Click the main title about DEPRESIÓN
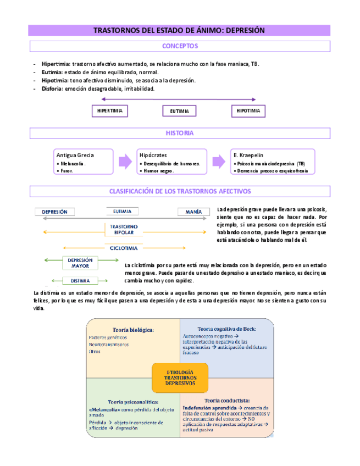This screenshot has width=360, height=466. point(179,31)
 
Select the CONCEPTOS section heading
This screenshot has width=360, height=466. point(180,46)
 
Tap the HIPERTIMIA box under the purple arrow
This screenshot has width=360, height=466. point(109,111)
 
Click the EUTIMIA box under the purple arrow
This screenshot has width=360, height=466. point(179,112)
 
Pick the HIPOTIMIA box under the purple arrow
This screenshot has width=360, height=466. point(248,111)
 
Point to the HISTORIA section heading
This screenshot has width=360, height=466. point(180,134)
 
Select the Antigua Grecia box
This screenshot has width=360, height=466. point(84,162)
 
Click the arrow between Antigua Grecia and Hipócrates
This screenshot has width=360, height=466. point(125,162)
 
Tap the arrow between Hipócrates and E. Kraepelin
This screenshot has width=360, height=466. point(219,162)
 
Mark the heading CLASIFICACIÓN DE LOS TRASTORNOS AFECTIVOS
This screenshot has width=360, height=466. point(180,191)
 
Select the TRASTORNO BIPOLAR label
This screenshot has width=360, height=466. point(124,230)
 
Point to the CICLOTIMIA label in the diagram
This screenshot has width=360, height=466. point(124,248)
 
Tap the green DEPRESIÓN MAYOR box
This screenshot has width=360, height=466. point(80,263)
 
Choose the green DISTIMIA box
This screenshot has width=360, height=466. point(80,281)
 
